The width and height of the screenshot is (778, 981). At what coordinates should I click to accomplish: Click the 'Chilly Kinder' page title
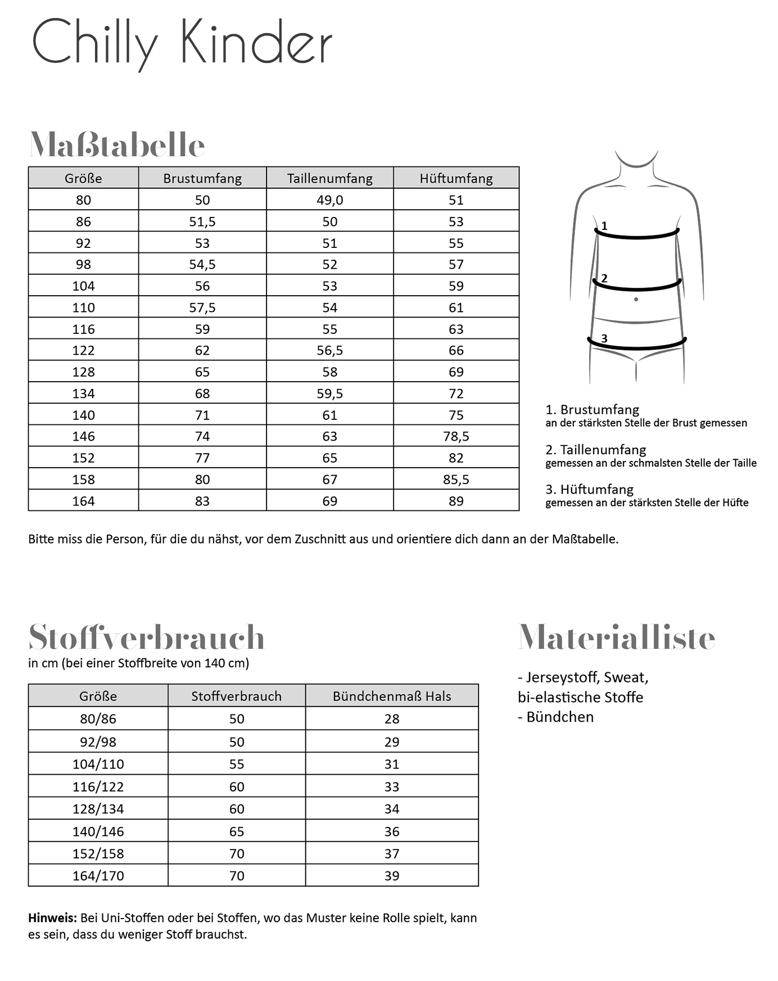click(x=182, y=43)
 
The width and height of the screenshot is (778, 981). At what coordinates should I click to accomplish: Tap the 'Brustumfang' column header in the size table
click(x=202, y=178)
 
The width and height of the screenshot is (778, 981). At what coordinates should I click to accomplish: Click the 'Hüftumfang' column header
click(x=456, y=178)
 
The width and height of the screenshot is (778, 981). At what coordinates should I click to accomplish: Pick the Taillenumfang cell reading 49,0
click(x=329, y=200)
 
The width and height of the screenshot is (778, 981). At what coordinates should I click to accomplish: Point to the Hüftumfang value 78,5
click(x=456, y=436)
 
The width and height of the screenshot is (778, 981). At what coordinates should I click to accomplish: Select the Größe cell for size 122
click(x=83, y=350)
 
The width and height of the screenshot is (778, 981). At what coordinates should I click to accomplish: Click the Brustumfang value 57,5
click(x=202, y=308)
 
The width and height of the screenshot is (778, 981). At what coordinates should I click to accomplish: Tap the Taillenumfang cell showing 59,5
click(x=329, y=394)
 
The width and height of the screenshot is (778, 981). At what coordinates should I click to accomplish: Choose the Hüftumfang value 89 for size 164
click(x=456, y=501)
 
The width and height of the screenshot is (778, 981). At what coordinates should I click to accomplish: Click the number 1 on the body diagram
click(x=604, y=226)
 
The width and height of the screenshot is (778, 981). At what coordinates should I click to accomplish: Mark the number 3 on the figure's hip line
click(x=604, y=338)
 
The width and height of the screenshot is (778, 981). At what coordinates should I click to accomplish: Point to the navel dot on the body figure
click(x=636, y=299)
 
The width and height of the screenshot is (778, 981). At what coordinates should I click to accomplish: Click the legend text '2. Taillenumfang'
click(x=595, y=450)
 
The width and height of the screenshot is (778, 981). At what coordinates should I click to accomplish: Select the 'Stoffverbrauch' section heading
click(x=146, y=637)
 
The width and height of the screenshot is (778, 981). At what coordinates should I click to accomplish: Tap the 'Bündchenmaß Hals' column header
click(x=392, y=696)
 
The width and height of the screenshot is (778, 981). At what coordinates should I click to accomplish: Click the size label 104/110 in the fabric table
click(x=98, y=764)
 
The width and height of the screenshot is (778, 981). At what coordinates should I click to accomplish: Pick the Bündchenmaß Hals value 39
click(x=392, y=875)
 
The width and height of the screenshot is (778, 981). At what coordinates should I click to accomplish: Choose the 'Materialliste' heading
click(x=616, y=637)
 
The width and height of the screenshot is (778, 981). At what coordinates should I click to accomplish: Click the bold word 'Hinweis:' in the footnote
click(x=52, y=918)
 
